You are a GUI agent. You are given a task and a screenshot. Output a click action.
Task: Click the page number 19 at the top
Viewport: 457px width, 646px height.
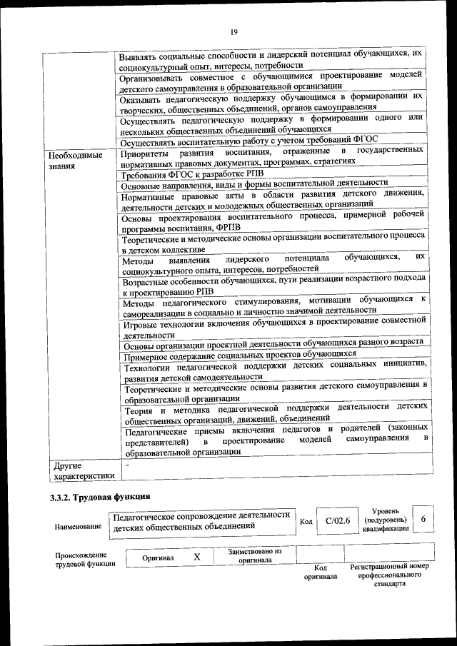click(233, 31)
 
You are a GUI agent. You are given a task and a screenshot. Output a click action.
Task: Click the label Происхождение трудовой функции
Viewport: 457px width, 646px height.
click(81, 560)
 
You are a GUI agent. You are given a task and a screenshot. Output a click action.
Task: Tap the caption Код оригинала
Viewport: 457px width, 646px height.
click(320, 572)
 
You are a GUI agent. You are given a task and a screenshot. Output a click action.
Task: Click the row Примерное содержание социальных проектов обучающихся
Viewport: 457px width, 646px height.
click(240, 354)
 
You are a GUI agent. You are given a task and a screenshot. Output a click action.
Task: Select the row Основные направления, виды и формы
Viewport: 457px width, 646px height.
click(254, 183)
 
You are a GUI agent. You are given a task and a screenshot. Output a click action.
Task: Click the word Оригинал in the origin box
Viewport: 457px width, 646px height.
click(158, 557)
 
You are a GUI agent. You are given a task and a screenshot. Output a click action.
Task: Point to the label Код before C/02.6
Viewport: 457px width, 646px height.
click(306, 521)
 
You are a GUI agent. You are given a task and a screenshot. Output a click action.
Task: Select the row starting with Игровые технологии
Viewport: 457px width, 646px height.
click(275, 329)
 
